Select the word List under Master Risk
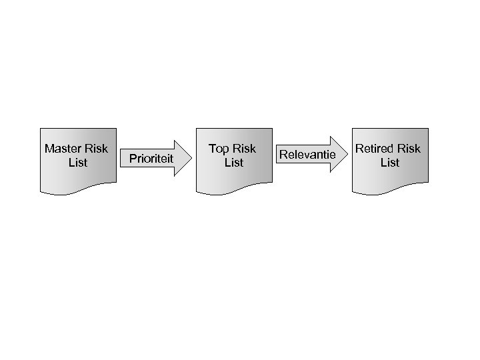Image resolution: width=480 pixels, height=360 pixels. coord(78,163)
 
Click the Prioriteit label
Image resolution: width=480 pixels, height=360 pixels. coord(151,159)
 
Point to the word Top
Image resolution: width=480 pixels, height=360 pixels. coord(219,149)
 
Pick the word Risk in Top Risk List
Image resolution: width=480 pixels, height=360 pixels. coord(244,149)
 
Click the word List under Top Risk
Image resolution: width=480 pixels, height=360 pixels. coord(234,163)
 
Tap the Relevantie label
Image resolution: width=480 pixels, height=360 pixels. coord(307,155)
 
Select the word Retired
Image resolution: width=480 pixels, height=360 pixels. coord(373,149)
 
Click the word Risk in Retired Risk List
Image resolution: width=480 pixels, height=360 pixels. coord(409,149)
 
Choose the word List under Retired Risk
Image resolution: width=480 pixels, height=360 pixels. coord(390,163)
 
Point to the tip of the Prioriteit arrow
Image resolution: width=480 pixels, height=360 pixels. coord(191,158)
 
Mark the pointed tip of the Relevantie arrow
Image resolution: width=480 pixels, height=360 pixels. coord(347,155)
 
